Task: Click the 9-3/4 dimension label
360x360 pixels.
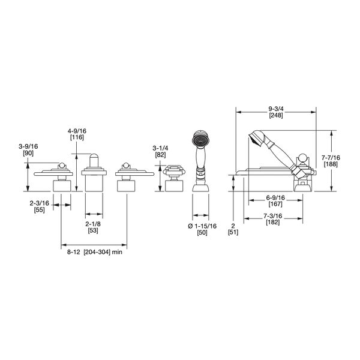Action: (276, 109)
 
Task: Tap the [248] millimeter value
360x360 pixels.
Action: (276, 115)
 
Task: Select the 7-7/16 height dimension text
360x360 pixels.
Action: (331, 158)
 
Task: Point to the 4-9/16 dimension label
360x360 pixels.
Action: (77, 131)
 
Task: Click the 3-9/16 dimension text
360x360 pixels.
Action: (28, 146)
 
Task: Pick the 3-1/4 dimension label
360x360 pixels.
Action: (160, 148)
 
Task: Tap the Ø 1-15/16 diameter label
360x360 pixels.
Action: (202, 226)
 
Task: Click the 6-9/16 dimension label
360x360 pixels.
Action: (275, 197)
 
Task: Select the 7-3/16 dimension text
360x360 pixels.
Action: (273, 216)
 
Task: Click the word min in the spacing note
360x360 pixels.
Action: (117, 252)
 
